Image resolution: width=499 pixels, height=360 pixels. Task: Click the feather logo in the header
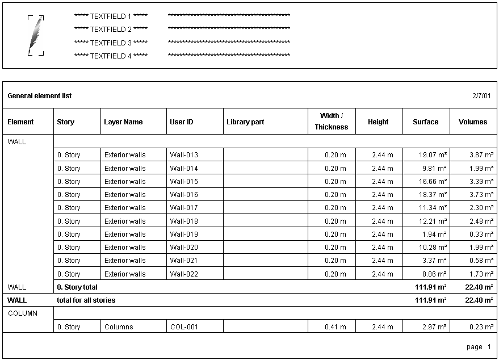[36, 35]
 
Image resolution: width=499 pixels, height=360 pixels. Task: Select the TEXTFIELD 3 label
[111, 43]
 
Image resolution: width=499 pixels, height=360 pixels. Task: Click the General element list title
[40, 96]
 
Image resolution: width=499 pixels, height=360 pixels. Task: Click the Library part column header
[245, 122]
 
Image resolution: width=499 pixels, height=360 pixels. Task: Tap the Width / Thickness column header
[332, 122]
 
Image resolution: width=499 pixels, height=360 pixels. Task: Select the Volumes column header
[473, 122]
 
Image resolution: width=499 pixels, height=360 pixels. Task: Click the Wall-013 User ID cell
[184, 155]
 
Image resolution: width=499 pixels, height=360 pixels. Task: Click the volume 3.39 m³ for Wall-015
[481, 182]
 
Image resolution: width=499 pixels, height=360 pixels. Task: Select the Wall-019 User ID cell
[184, 235]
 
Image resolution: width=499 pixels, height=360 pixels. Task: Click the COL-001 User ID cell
[184, 327]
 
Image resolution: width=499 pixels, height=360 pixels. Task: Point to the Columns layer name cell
[119, 327]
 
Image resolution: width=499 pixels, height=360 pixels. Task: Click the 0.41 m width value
[336, 327]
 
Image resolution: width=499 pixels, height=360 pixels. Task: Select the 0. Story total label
[77, 287]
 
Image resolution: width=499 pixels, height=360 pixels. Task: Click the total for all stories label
[86, 300]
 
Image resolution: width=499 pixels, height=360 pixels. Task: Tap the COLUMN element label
[23, 313]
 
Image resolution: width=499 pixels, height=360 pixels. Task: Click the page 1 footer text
[475, 347]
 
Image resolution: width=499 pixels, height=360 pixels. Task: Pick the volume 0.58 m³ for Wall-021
[481, 261]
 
